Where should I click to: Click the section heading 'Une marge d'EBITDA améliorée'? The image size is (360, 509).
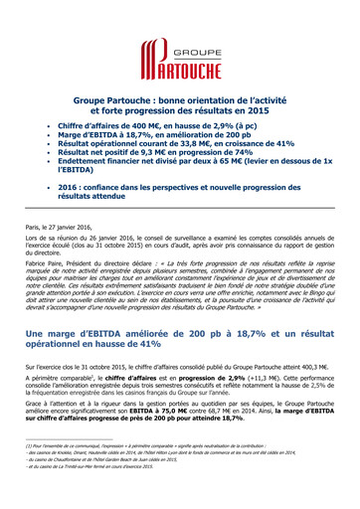click(179, 337)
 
